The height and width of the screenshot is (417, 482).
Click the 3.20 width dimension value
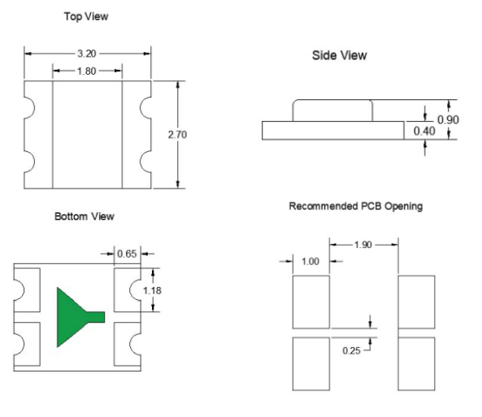pyautogui.click(x=87, y=54)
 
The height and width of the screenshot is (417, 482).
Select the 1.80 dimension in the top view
pyautogui.click(x=87, y=72)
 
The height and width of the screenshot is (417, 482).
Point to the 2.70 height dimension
pyautogui.click(x=177, y=135)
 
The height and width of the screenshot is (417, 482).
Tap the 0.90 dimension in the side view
pyautogui.click(x=448, y=119)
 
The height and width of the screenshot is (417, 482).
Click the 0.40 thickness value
pyautogui.click(x=424, y=132)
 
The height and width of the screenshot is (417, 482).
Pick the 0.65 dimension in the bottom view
pyautogui.click(x=127, y=254)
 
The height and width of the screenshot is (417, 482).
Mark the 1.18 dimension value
pyautogui.click(x=152, y=291)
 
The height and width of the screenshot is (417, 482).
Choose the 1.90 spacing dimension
pyautogui.click(x=363, y=245)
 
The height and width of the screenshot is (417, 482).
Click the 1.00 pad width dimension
pyautogui.click(x=310, y=262)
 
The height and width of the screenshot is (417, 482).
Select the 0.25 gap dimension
pyautogui.click(x=351, y=350)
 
